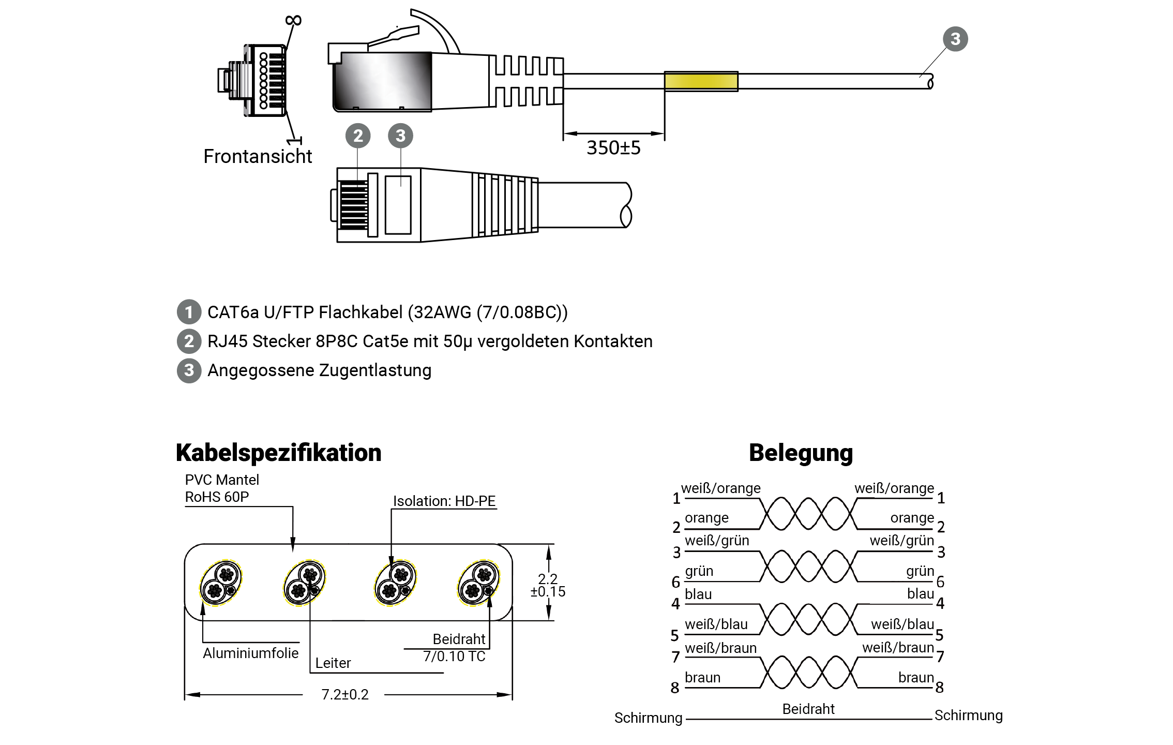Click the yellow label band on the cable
tap(700, 81)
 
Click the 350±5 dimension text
tap(613, 148)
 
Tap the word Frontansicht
tap(258, 156)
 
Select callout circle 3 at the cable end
tap(955, 39)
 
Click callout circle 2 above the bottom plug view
tap(358, 136)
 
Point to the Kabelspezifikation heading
tap(278, 453)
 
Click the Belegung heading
tap(801, 453)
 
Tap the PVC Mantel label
tap(222, 480)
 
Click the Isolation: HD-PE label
tap(444, 501)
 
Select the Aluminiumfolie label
tap(250, 653)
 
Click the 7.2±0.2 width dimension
tap(345, 694)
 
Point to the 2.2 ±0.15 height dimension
tap(548, 585)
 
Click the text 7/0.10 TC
tap(454, 656)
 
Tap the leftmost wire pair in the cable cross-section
tap(221, 583)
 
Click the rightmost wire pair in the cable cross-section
tap(478, 583)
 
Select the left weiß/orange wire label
tap(720, 488)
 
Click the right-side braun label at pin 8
tap(915, 677)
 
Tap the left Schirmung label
tap(648, 718)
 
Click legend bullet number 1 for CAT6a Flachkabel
tap(189, 312)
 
